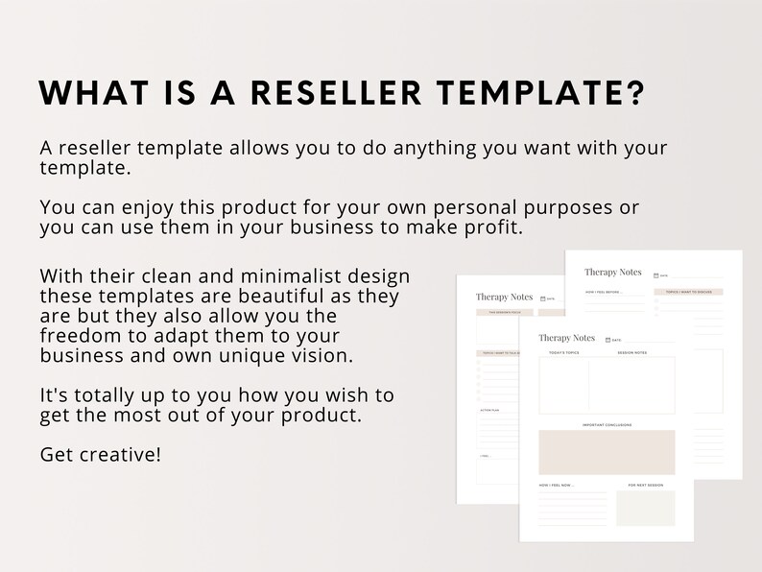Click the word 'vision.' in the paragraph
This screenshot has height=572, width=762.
pyautogui.click(x=320, y=356)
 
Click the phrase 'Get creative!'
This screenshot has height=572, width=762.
pyautogui.click(x=101, y=454)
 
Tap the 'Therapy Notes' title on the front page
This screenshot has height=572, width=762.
pyautogui.click(x=566, y=338)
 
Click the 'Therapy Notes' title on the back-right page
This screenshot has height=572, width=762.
pyautogui.click(x=613, y=273)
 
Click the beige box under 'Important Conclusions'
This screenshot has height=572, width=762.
pyautogui.click(x=607, y=452)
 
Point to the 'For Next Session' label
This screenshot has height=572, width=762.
pyautogui.click(x=645, y=485)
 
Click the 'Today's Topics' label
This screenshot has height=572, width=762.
pyautogui.click(x=563, y=353)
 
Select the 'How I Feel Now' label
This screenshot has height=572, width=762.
pyautogui.click(x=557, y=485)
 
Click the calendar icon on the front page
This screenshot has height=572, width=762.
pyautogui.click(x=606, y=339)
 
